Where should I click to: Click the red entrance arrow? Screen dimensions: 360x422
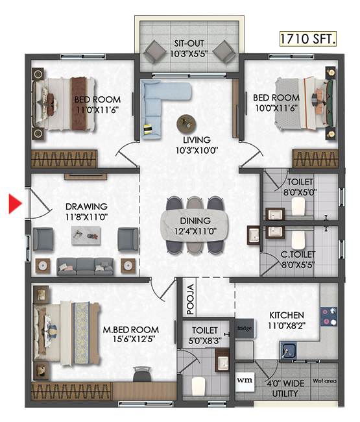15,204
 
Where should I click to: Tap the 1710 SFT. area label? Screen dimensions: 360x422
308,39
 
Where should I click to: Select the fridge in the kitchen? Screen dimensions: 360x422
245,329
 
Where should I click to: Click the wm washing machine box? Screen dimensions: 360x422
245,381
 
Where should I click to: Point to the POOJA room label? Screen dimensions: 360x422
190,299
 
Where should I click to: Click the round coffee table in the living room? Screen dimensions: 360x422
186,124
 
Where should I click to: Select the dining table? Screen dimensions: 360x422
195,225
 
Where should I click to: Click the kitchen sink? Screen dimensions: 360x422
288,350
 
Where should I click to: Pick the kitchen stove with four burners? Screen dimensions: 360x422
329,317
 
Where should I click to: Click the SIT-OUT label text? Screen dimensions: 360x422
189,43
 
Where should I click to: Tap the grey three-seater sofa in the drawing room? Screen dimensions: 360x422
85,266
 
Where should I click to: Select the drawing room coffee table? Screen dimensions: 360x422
86,236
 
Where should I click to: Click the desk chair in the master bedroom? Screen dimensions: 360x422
141,373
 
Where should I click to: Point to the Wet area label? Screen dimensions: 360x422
324,381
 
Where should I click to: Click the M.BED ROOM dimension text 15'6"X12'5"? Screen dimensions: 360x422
134,339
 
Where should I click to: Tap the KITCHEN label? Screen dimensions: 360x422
287,315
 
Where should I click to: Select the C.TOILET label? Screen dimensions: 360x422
298,254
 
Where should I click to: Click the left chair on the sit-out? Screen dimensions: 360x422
154,52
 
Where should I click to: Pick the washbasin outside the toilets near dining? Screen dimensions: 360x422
254,235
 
